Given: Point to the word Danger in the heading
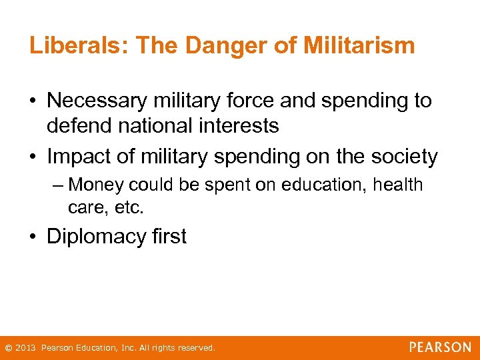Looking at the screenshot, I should [214, 46].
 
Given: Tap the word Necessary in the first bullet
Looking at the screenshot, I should [98, 101].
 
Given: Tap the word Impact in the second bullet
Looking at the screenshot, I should [79, 157].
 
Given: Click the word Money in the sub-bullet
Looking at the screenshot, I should [97, 185].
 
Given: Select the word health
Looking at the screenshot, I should [397, 185].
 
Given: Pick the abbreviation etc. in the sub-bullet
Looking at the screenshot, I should [129, 207].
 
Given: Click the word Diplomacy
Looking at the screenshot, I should [96, 237].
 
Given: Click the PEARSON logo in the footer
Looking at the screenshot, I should [440, 347].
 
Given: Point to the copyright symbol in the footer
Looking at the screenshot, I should [8, 348].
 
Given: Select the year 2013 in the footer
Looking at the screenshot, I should [25, 348].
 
